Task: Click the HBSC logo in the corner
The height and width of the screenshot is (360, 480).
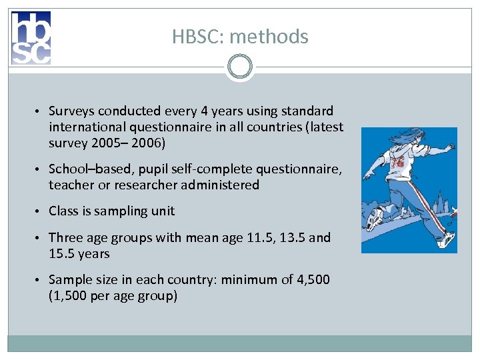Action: [x=31, y=38]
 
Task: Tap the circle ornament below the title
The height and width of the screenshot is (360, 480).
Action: [x=239, y=67]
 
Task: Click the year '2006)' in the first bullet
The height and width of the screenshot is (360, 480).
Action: [x=154, y=143]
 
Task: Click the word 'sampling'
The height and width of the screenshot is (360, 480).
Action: [x=121, y=211]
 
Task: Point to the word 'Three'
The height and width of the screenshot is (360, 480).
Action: [x=66, y=237]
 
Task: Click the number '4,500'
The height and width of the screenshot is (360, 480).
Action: [x=311, y=279]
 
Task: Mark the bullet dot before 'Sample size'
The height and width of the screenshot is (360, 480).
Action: [x=41, y=280]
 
